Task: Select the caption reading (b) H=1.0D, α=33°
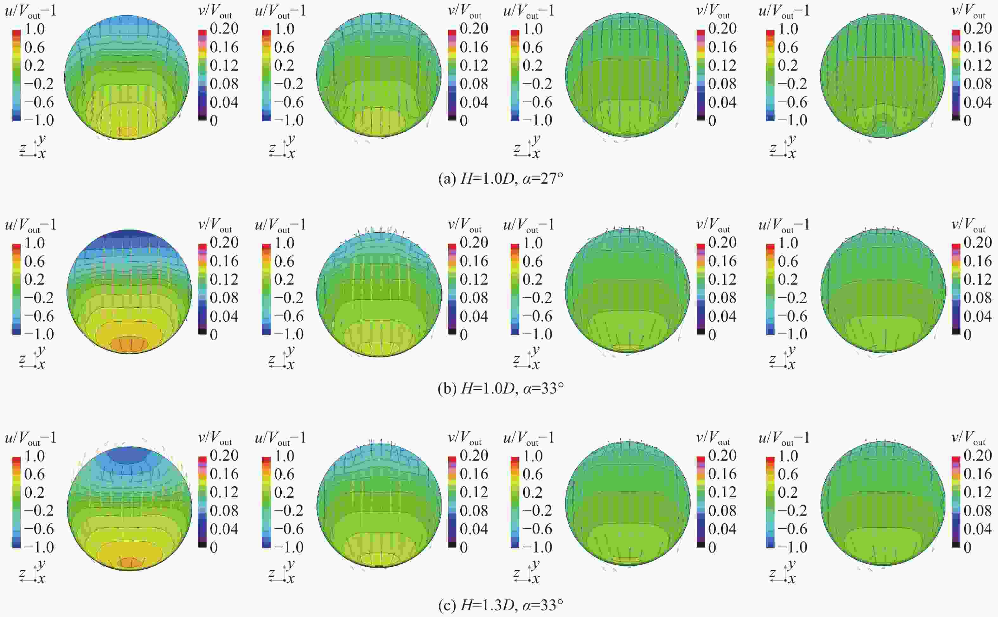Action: (500, 388)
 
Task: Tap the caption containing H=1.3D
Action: (500, 605)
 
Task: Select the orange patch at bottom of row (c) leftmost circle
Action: (130, 562)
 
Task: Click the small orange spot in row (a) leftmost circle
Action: (128, 131)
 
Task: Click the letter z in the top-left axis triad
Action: (23, 148)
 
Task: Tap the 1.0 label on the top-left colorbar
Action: (35, 29)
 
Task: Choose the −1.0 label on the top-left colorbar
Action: (39, 120)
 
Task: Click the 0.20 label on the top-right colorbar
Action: (977, 28)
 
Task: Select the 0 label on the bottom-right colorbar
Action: (967, 548)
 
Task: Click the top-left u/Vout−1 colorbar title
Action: (31, 11)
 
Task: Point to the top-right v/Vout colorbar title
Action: (968, 11)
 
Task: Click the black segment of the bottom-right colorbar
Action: (956, 545)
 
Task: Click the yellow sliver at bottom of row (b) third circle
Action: (628, 348)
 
